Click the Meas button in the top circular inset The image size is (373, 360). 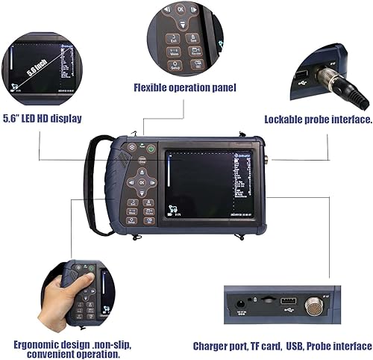click(174, 52)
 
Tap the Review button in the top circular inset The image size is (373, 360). click(197, 52)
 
